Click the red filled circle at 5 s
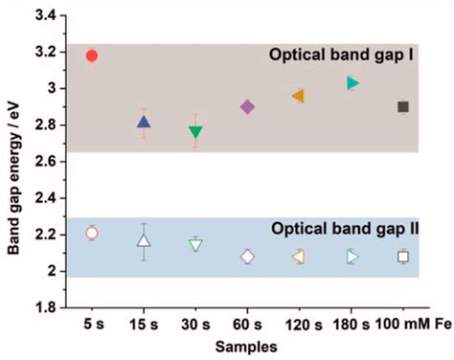pyautogui.click(x=92, y=56)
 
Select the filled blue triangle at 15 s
pyautogui.click(x=144, y=122)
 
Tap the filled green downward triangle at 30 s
pyautogui.click(x=195, y=132)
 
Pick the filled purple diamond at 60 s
pyautogui.click(x=247, y=107)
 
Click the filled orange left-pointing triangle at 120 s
pyautogui.click(x=299, y=96)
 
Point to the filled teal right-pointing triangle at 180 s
pyautogui.click(x=352, y=83)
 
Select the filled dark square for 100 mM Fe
pyautogui.click(x=403, y=106)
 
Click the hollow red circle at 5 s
pyautogui.click(x=92, y=233)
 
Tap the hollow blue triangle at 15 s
pyautogui.click(x=144, y=240)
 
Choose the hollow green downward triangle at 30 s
pyautogui.click(x=195, y=245)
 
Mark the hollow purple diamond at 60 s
pyautogui.click(x=247, y=257)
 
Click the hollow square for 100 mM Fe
pyautogui.click(x=403, y=257)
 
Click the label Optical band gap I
pyautogui.click(x=353, y=56)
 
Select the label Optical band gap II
pyautogui.click(x=350, y=230)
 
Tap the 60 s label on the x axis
pyautogui.click(x=247, y=326)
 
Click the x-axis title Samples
pyautogui.click(x=247, y=346)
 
